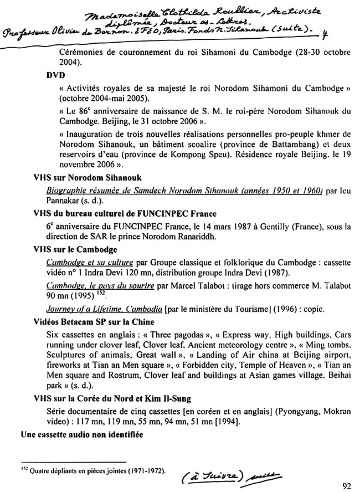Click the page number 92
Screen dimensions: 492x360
(x=347, y=486)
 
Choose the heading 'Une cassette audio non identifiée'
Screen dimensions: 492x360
(x=82, y=435)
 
